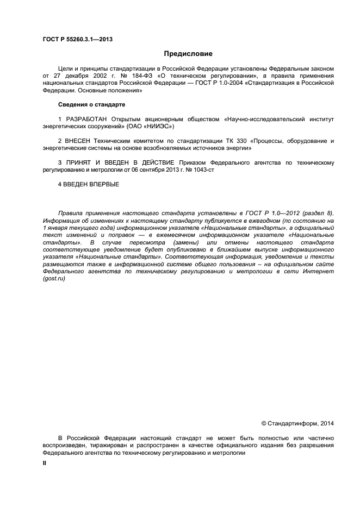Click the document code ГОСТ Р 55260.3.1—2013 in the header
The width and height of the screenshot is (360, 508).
pos(77,39)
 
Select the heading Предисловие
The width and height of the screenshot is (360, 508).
pos(188,54)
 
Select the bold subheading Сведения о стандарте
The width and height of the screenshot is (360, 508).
pos(91,104)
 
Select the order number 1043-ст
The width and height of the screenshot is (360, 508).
pos(181,170)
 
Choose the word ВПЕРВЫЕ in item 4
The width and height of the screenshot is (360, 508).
pos(102,184)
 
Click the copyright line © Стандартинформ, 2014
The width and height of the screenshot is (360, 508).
pos(297,423)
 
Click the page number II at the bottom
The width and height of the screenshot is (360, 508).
pos(45,462)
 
